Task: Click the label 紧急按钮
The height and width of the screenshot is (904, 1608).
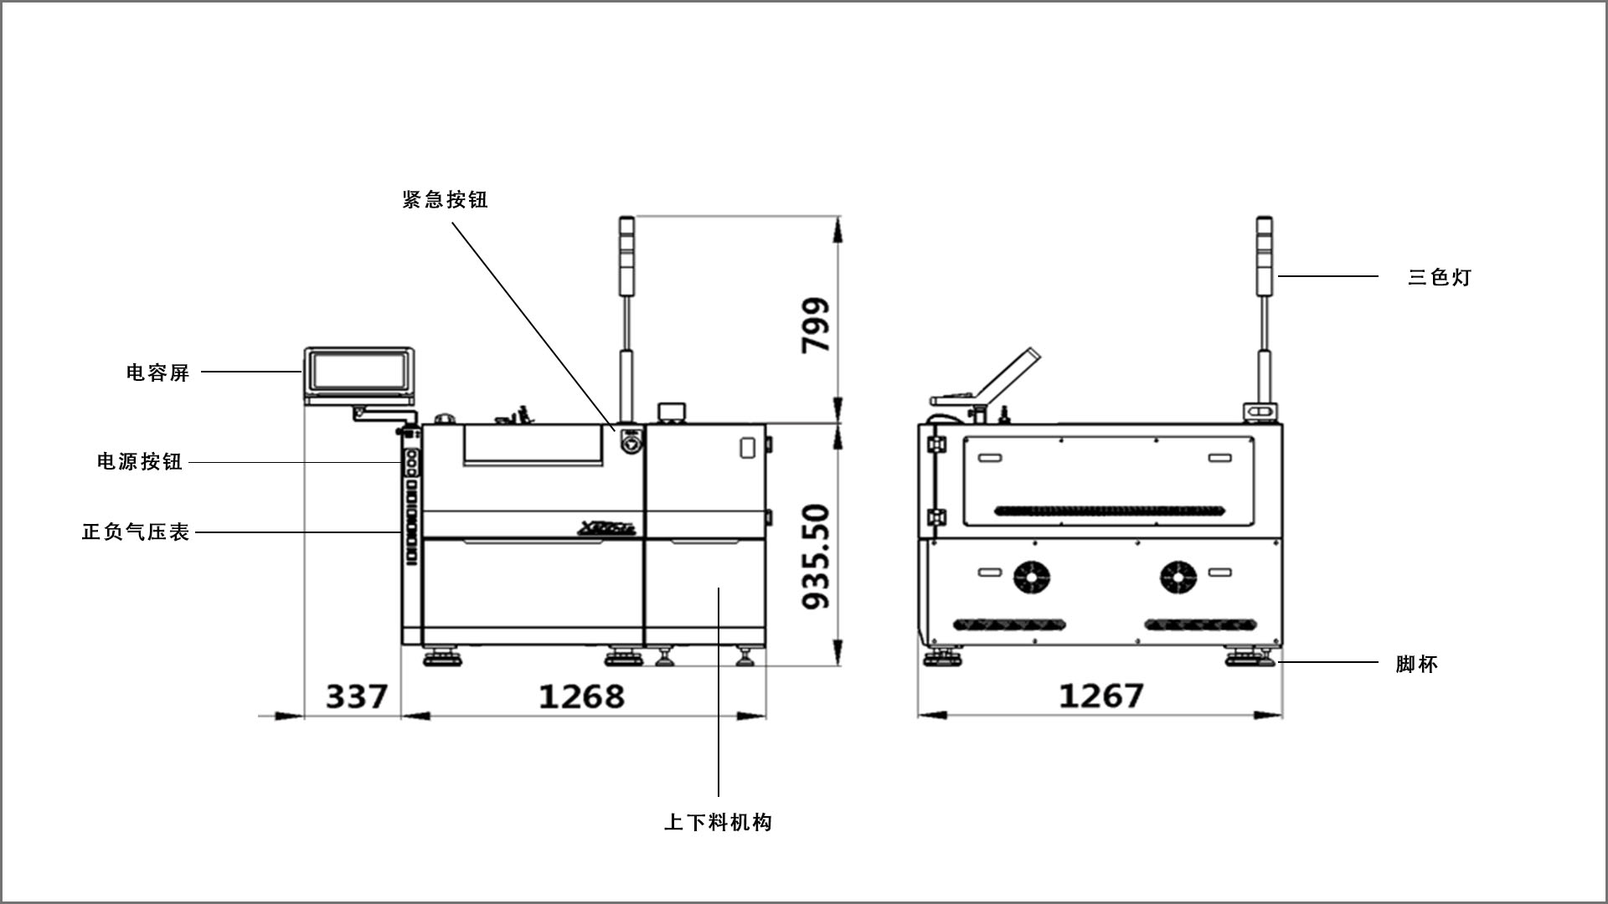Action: [445, 200]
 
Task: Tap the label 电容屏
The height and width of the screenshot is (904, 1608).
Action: [158, 372]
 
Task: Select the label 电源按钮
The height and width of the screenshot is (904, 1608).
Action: [140, 462]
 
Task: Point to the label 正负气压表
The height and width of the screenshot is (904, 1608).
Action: [136, 532]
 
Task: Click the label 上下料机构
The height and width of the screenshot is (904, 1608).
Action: [718, 823]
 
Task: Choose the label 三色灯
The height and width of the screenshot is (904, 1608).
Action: [1440, 277]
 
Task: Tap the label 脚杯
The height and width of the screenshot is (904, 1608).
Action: [1417, 665]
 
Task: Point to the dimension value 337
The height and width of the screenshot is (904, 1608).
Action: [357, 696]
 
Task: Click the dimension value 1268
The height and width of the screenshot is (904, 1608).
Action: [581, 696]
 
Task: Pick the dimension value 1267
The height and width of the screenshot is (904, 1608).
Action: [1101, 696]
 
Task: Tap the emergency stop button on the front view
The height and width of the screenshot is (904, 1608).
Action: [629, 440]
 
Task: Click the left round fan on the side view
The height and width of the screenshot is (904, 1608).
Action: [1032, 576]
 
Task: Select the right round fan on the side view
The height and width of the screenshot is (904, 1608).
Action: [1178, 576]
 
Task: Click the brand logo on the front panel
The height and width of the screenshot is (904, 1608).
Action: [607, 527]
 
